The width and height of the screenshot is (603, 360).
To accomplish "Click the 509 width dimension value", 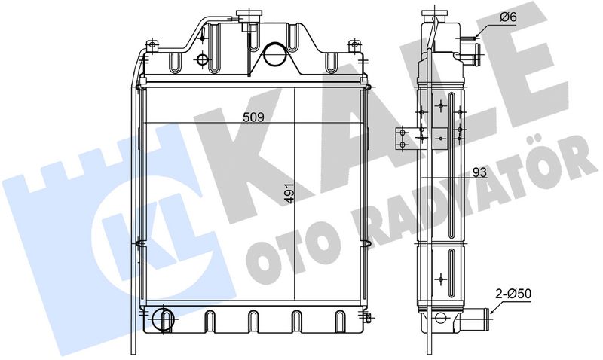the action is coord(253,117).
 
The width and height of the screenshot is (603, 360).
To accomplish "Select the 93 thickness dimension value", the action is coord(479,172).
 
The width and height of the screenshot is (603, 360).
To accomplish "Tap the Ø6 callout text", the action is coord(508,17).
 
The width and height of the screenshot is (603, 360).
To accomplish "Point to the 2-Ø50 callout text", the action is coord(513,294).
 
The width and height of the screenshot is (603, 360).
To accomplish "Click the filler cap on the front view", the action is coord(248,16).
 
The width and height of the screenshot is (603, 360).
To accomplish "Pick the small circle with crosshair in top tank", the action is coord(202,59).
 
